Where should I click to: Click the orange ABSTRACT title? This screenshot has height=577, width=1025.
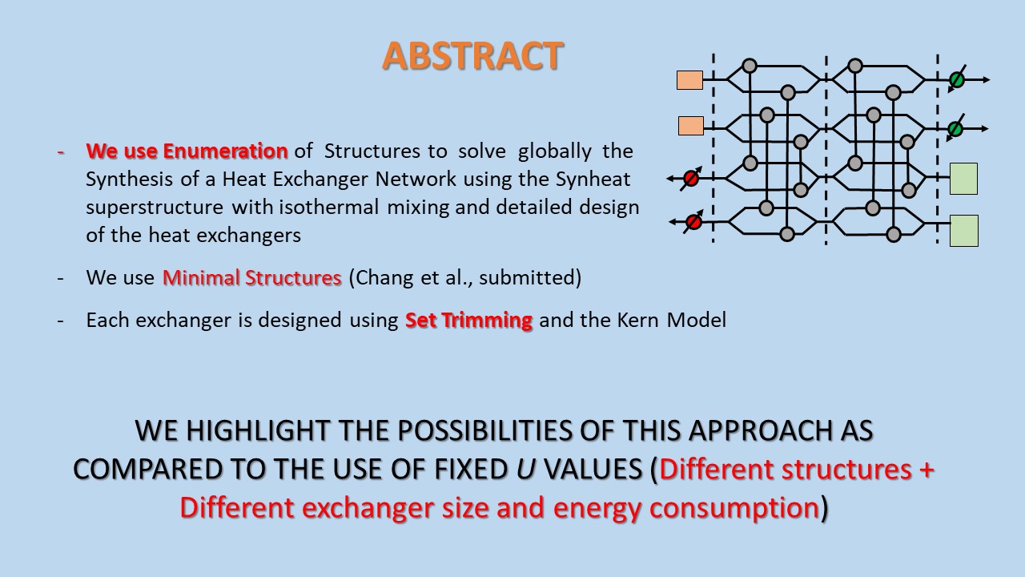click(472, 56)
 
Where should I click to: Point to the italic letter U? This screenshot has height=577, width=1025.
click(525, 469)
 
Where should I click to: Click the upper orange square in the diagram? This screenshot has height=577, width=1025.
click(689, 80)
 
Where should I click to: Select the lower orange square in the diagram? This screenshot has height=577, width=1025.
click(691, 126)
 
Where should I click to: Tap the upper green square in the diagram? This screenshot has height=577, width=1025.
click(963, 179)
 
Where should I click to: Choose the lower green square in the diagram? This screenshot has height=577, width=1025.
click(963, 231)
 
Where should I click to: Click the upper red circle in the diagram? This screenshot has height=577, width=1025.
click(690, 179)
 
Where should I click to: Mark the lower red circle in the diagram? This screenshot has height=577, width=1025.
click(694, 221)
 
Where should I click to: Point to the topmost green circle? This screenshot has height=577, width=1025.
click(956, 80)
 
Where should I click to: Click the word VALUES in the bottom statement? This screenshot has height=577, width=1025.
click(592, 469)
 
